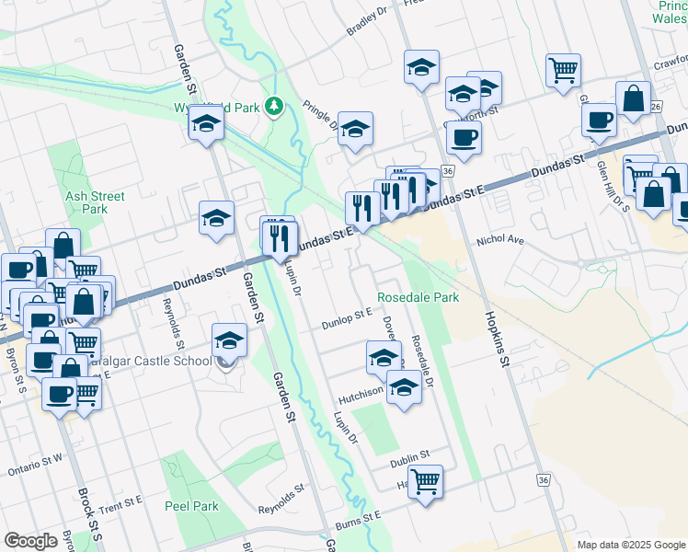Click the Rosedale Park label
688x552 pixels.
418,297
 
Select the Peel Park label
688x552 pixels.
191,506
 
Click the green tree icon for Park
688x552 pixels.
273,108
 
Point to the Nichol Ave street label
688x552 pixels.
499,240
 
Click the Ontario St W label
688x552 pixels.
35,463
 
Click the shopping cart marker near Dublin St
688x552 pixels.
425,481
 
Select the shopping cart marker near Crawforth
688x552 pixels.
562,70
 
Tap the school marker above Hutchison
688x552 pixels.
384,357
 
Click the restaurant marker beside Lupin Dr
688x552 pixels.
279,239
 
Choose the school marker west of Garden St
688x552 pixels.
216,219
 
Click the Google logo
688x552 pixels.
30,541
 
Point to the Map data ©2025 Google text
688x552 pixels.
631,545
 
